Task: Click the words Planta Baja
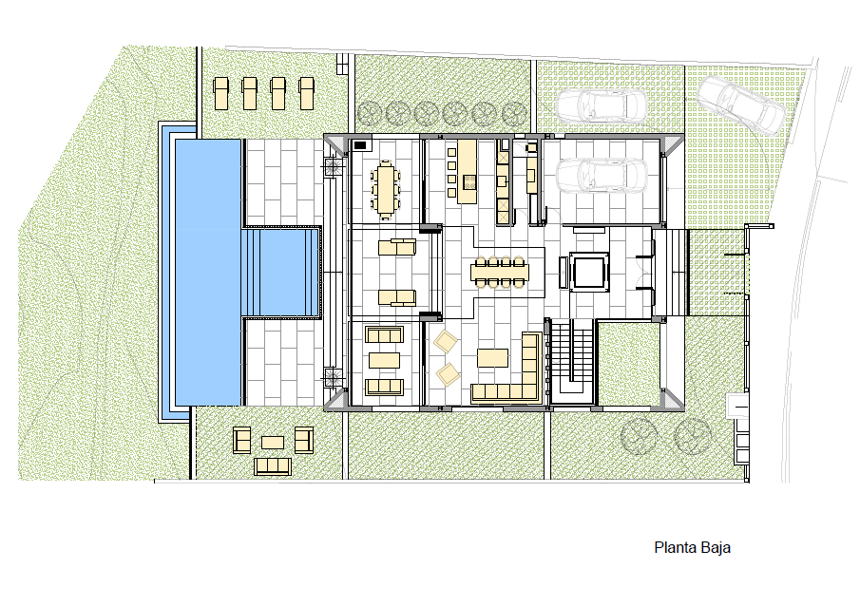(x=692, y=548)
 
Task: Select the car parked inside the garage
(x=602, y=176)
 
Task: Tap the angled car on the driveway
(x=740, y=104)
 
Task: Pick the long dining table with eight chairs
(x=500, y=272)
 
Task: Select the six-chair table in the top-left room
(x=386, y=189)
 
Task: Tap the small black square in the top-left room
(x=360, y=145)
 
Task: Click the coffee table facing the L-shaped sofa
(x=492, y=358)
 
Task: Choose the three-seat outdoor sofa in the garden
(x=272, y=466)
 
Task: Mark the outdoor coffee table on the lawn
(x=273, y=442)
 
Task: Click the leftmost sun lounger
(x=221, y=93)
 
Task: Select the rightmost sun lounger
(x=307, y=93)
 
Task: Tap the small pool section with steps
(x=281, y=273)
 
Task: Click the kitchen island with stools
(x=467, y=172)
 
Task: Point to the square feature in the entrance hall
(x=589, y=272)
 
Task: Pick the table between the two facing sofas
(x=385, y=360)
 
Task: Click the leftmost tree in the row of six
(x=369, y=114)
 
